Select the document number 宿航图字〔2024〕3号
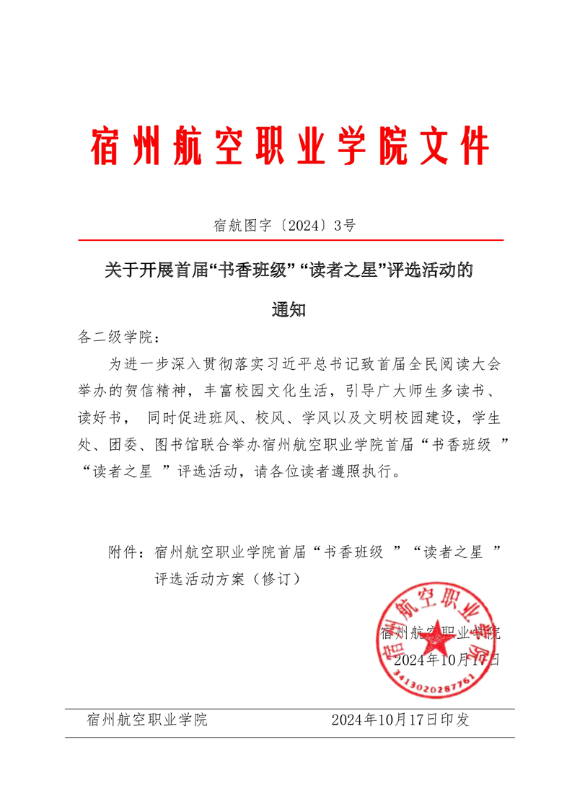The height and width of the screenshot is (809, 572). [x=285, y=226]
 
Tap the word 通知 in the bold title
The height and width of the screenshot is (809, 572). [x=289, y=310]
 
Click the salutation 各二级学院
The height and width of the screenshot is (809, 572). [x=112, y=337]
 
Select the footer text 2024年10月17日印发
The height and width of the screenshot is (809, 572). [x=400, y=720]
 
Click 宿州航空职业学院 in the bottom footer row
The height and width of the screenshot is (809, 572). [x=146, y=720]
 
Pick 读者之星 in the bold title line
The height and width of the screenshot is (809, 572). [x=344, y=271]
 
